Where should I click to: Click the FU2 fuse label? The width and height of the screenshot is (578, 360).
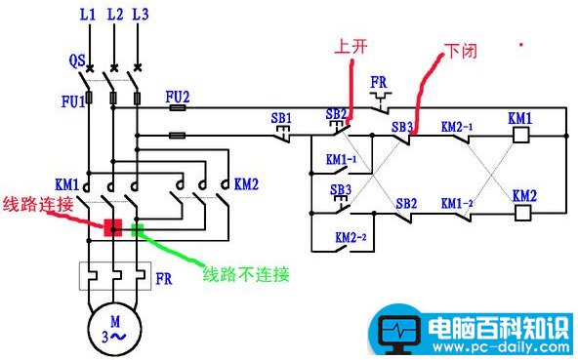(x=177, y=97)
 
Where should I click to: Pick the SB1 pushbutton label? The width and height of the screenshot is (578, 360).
(x=281, y=119)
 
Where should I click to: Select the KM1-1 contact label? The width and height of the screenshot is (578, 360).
(x=341, y=158)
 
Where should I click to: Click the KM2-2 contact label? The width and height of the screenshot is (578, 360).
(x=350, y=238)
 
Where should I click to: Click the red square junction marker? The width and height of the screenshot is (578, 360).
(x=113, y=228)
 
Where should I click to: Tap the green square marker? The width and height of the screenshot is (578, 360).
(x=138, y=230)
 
